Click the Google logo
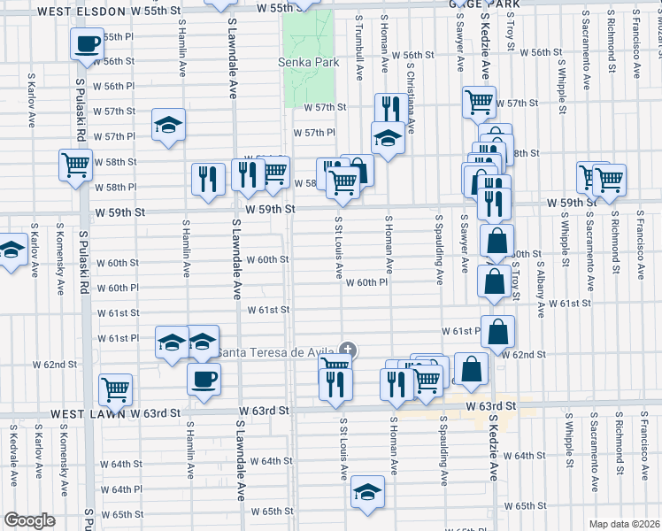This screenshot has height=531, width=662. point(28,520)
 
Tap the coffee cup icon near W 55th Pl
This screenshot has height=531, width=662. point(87,43)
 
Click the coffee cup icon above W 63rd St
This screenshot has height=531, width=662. point(204,380)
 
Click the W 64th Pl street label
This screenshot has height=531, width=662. point(120,489)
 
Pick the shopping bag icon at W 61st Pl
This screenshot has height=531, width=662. point(498,331)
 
